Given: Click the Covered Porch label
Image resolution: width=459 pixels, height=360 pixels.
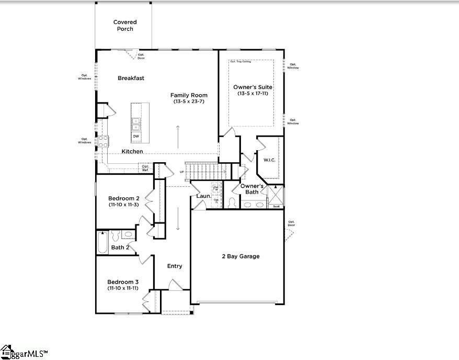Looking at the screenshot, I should click(x=125, y=26).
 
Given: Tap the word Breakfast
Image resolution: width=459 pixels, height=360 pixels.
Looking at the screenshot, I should click(x=131, y=78).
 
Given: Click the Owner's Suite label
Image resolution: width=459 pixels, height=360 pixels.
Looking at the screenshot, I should click(x=253, y=87).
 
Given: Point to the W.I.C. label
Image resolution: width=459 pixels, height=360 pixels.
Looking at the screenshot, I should click(x=269, y=160).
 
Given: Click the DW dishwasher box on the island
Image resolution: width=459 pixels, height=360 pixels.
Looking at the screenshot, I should click(x=136, y=137).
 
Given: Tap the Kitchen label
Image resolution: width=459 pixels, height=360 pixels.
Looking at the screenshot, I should click(x=132, y=152).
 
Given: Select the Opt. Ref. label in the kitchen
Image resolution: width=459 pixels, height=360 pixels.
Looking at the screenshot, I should click(x=145, y=168).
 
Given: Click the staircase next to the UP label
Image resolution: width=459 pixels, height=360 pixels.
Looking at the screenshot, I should click(x=204, y=171).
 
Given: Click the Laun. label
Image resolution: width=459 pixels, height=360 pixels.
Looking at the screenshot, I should click(x=203, y=196).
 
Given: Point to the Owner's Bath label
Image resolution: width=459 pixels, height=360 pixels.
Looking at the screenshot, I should click(x=252, y=189).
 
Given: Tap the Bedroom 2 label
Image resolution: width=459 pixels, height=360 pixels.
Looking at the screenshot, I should click(x=123, y=198).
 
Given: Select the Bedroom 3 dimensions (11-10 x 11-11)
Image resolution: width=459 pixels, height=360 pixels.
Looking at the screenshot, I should click(x=123, y=288).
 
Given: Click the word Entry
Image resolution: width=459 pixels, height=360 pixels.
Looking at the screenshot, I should click(x=175, y=266).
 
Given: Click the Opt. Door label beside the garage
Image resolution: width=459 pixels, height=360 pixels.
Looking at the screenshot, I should click(x=291, y=224).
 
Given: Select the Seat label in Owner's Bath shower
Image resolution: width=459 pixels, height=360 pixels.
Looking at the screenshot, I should click(x=276, y=207).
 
